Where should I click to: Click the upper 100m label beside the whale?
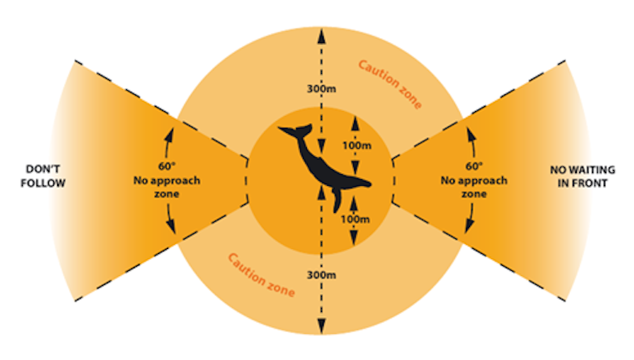tap(357, 145)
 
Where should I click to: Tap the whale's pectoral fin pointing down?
tap(335, 202)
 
